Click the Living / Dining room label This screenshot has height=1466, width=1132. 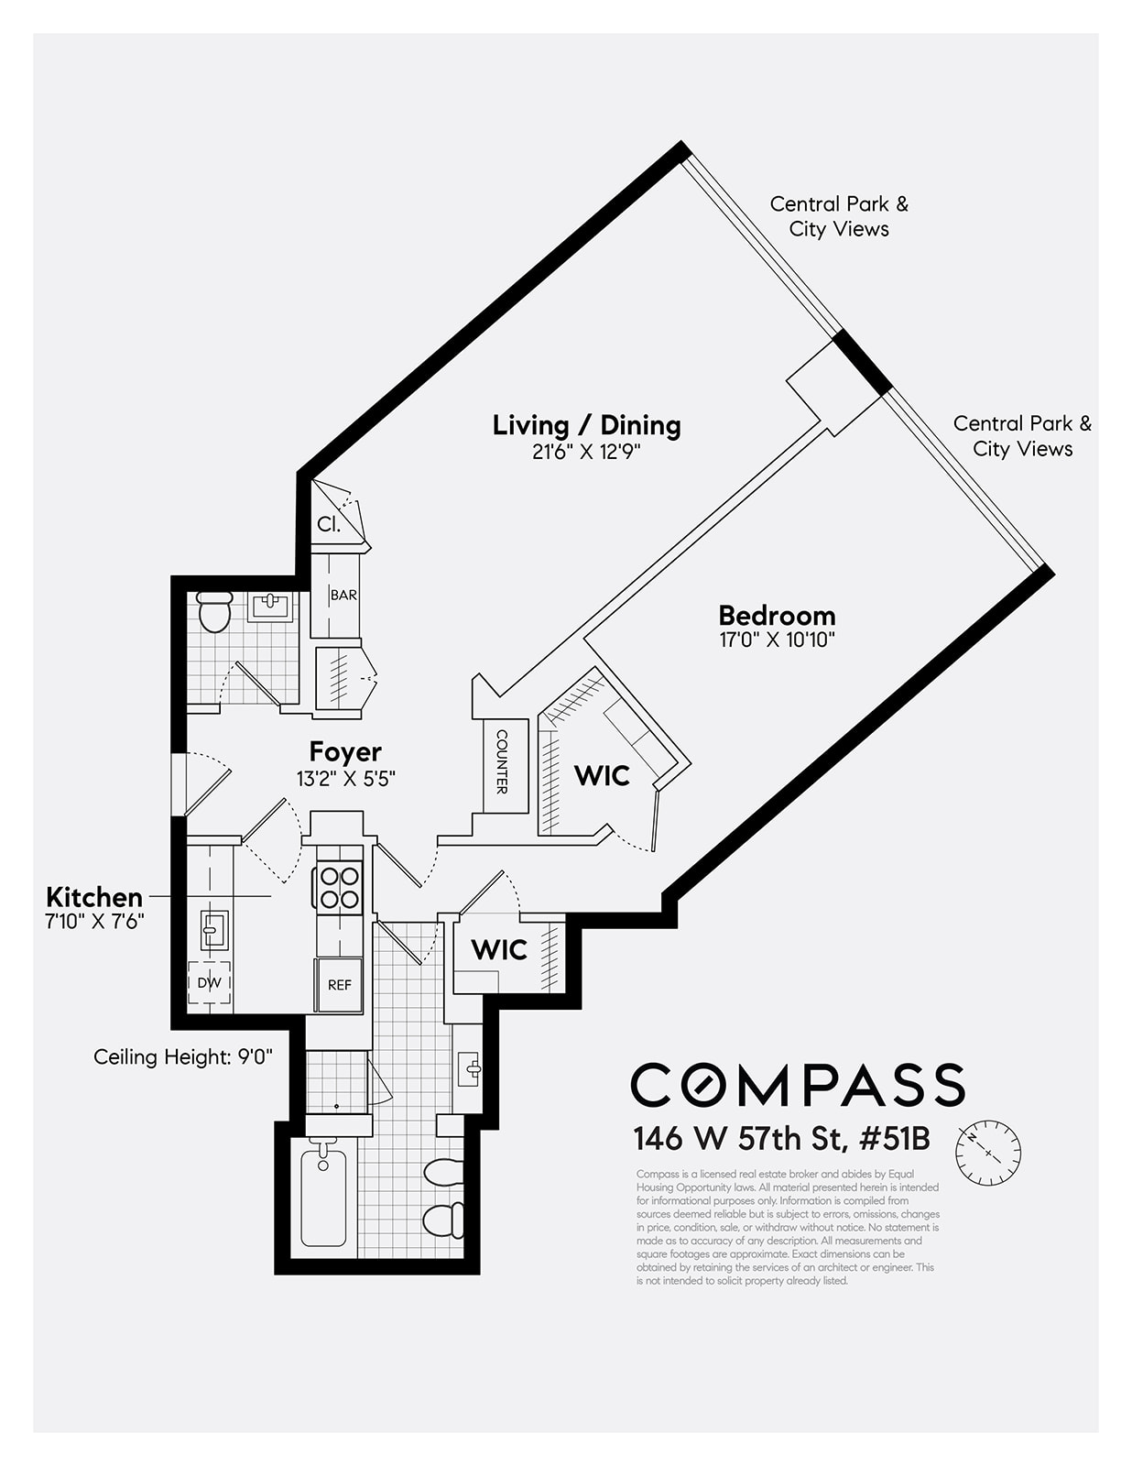point(586,425)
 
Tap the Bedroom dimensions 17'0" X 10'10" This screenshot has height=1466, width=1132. point(777,640)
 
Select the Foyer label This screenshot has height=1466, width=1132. point(345,752)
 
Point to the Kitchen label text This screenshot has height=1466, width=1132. point(94,897)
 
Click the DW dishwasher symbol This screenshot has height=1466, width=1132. point(210,982)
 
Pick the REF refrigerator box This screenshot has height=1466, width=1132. point(339,985)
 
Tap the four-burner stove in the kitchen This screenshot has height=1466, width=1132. point(339,887)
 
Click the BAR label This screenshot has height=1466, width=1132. point(343,596)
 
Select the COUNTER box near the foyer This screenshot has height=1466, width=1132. point(502,761)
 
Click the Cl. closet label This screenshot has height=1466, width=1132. point(329,525)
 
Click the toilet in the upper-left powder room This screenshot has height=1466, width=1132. point(215,612)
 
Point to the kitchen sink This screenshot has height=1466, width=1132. point(212,931)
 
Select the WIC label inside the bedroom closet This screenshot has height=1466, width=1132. point(602,776)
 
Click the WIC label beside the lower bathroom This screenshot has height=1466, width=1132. point(499,950)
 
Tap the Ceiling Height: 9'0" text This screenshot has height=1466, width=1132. point(183,1056)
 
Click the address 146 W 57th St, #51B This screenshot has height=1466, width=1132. point(781,1139)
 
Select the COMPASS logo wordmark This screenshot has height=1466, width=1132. point(797,1085)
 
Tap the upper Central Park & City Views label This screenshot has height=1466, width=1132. point(839,216)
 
